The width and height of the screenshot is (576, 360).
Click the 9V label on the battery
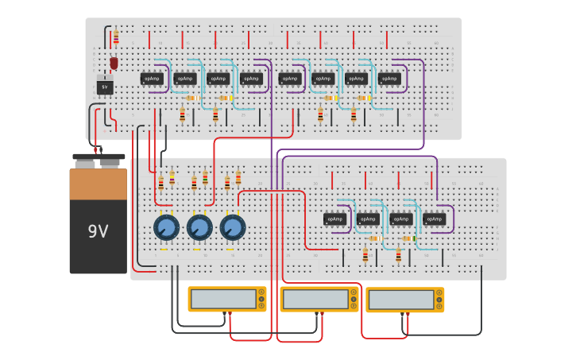[98, 232]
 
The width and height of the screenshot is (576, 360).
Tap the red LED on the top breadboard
[114, 62]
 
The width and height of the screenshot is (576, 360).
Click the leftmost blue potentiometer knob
[166, 229]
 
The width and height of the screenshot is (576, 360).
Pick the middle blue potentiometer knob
[199, 229]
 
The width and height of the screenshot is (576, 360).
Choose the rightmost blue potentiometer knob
[233, 229]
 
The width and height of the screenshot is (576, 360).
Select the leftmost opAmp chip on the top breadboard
[152, 79]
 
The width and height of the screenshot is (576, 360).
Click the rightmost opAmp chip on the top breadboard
[389, 79]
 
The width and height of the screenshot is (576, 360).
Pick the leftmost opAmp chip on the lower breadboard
[335, 219]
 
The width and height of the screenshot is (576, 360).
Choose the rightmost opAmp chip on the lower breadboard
[434, 219]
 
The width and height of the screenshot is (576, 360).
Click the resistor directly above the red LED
[116, 37]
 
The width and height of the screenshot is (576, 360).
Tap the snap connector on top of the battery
[99, 159]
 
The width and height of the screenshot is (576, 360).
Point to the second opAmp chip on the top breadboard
[184, 79]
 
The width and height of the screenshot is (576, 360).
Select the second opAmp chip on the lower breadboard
[368, 219]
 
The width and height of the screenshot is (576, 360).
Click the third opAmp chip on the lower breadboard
[401, 219]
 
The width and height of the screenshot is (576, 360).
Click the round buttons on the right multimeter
[439, 300]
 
